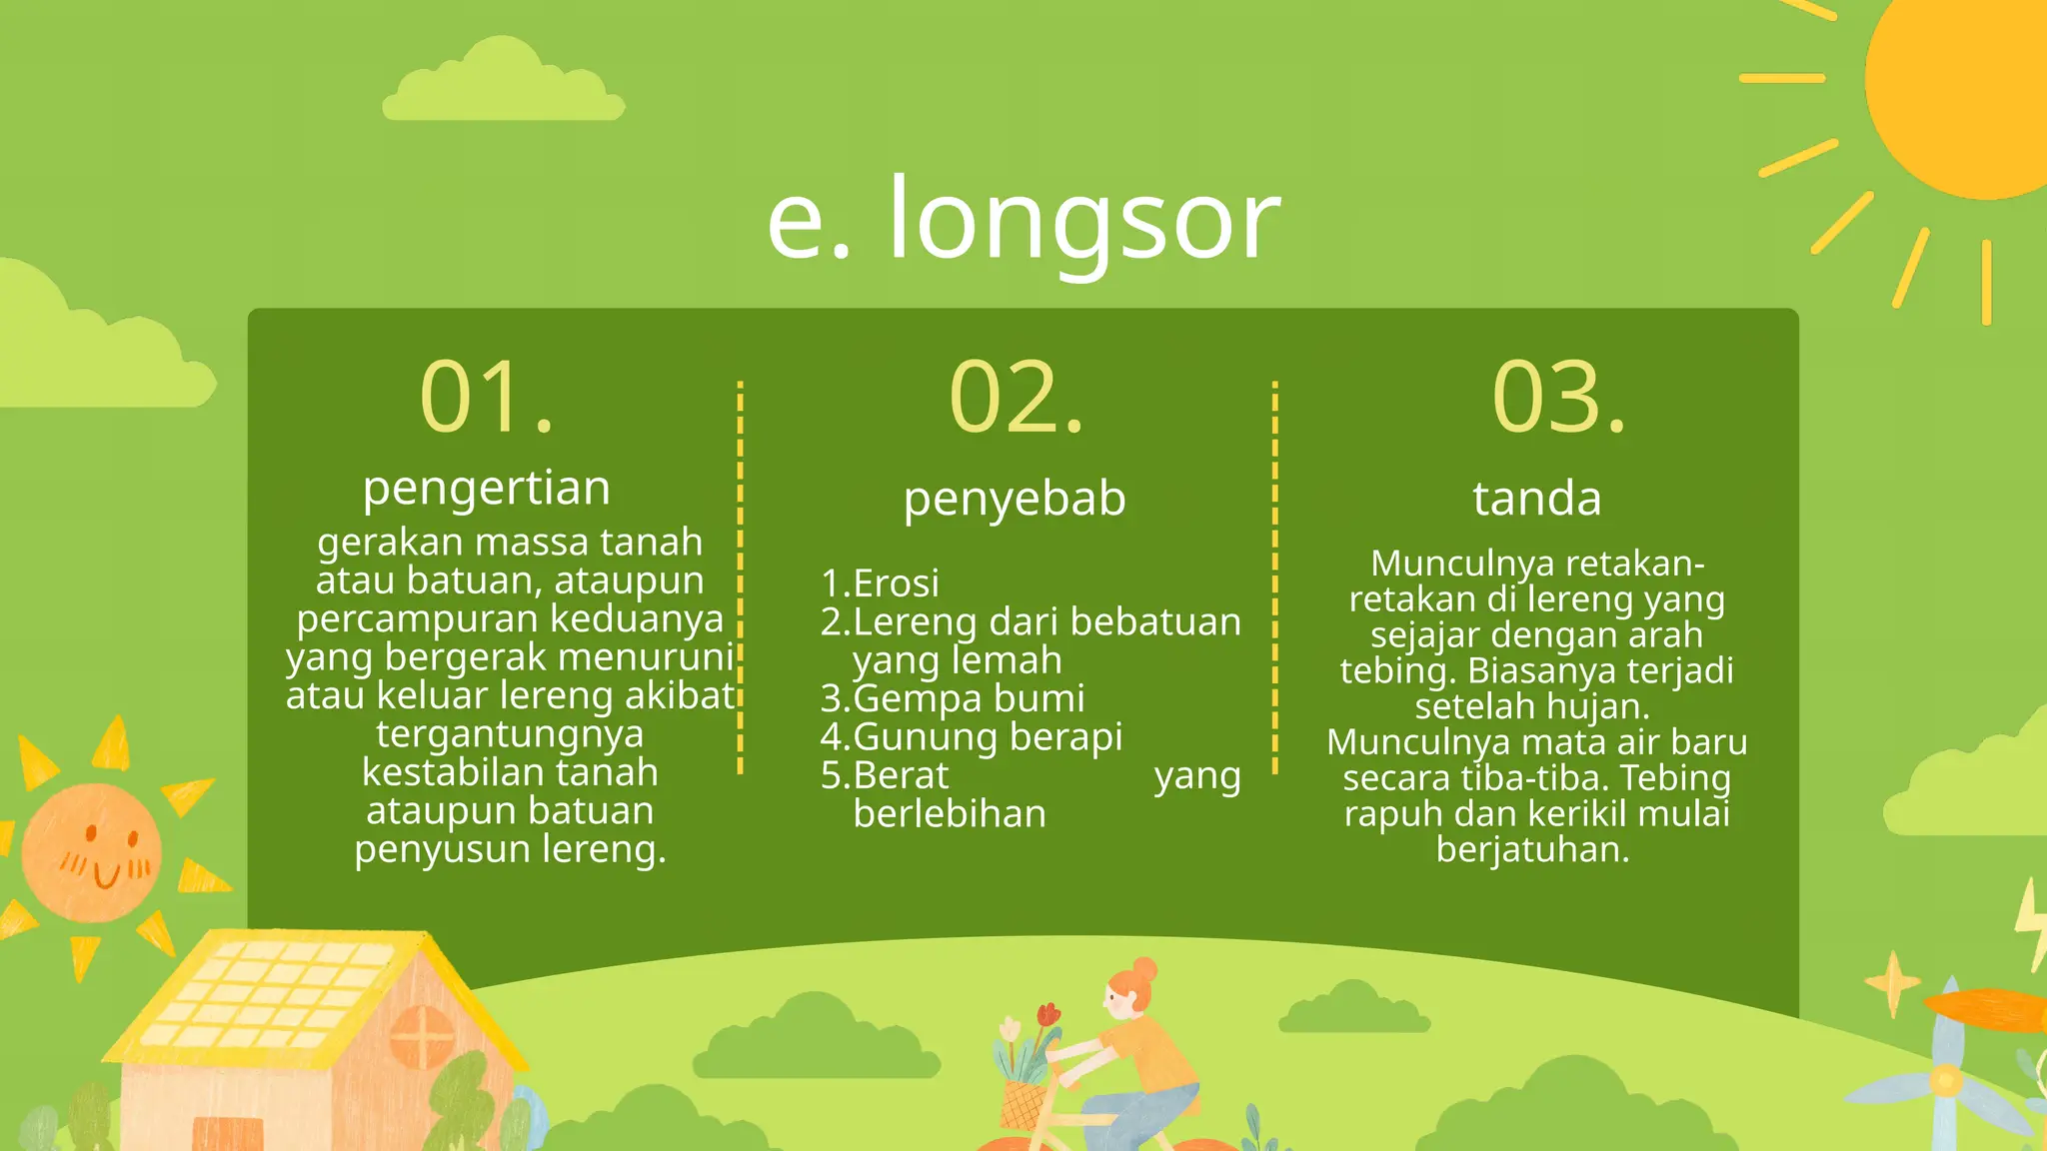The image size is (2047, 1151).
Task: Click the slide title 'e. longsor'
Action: click(1023, 220)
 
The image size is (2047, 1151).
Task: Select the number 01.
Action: click(487, 398)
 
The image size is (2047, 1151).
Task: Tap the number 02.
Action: click(1017, 398)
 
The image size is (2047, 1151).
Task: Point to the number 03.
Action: click(1559, 398)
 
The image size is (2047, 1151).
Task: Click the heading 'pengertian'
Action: click(487, 489)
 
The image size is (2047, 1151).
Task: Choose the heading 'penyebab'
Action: click(1015, 499)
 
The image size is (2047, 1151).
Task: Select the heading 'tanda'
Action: click(1536, 499)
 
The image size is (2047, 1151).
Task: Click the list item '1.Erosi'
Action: click(880, 583)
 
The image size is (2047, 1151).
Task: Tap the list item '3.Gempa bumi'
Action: click(953, 698)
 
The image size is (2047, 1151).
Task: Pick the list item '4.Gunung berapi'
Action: click(972, 737)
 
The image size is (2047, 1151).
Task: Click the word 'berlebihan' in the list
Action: click(950, 814)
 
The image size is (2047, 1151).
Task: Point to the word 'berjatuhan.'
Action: click(1533, 849)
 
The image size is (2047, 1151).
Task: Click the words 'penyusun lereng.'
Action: click(510, 849)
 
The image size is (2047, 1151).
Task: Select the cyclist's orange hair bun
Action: click(1145, 968)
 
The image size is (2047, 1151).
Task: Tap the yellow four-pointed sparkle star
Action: click(1892, 983)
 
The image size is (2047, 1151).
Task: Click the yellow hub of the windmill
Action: click(1945, 1080)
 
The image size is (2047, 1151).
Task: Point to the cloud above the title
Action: click(503, 85)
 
